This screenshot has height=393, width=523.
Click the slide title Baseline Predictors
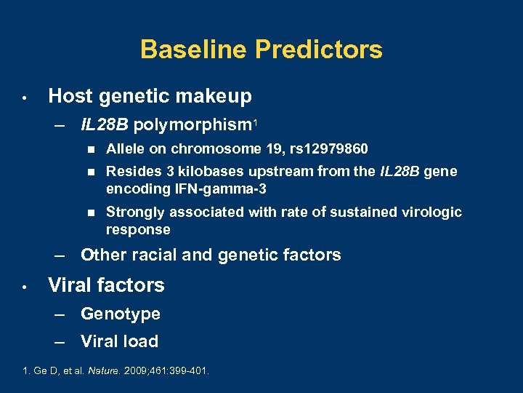coord(261,49)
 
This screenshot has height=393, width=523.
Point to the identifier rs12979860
coord(331,149)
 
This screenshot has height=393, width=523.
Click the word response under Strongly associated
coord(138,230)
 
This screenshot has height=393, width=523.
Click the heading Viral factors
coord(106,285)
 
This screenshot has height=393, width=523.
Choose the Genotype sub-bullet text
coord(121,314)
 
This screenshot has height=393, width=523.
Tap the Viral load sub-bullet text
coord(119,341)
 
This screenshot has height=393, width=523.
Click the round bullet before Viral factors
coord(24,286)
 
